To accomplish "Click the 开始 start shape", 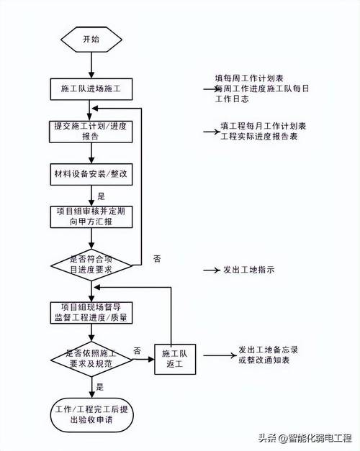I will (90, 39).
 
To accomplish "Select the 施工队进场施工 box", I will (90, 88).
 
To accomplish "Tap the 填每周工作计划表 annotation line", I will (249, 78).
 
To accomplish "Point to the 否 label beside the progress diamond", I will (158, 257).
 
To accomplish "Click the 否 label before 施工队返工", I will (137, 350).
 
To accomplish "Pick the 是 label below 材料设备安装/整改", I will (101, 196).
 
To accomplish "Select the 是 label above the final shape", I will (101, 386).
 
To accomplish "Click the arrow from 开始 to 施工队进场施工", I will (90, 65).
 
